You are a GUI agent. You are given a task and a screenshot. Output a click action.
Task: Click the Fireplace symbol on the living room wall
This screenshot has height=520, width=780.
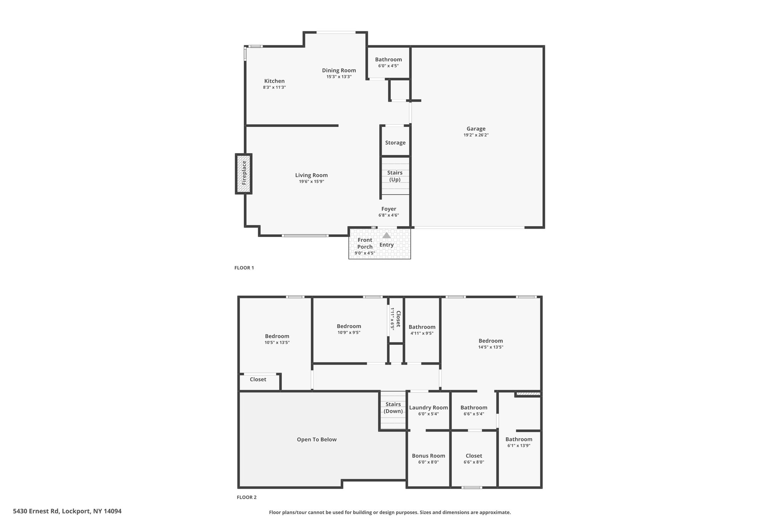click(244, 174)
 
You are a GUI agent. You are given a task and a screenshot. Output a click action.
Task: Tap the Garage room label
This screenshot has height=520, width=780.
click(476, 129)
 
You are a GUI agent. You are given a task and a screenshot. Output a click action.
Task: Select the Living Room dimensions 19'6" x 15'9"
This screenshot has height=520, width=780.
click(312, 182)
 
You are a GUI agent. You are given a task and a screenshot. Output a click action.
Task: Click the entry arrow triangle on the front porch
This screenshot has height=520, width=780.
click(387, 235)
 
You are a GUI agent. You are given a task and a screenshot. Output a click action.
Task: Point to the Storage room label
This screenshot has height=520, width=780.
click(395, 142)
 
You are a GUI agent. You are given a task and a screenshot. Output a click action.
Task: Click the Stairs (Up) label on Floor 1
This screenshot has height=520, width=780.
click(395, 176)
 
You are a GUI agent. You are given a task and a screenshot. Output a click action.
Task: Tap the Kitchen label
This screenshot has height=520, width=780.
click(275, 81)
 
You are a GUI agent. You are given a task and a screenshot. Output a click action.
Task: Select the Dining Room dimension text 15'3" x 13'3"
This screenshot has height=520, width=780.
click(339, 77)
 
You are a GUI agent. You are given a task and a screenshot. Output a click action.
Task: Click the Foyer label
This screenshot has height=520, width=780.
click(389, 209)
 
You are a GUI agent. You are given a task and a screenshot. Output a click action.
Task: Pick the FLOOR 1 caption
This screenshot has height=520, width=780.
click(244, 268)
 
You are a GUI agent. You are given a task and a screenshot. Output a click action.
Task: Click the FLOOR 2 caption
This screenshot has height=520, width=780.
click(247, 497)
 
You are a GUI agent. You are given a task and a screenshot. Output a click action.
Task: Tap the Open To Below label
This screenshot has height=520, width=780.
click(317, 439)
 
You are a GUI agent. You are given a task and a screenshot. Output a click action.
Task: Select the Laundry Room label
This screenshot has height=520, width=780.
click(428, 408)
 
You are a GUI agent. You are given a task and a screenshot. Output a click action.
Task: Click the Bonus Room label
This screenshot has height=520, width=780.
click(428, 456)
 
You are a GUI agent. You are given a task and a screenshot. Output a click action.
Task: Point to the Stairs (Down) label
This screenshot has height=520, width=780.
click(393, 408)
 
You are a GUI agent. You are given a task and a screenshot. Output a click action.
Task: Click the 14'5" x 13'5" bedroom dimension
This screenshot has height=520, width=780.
click(491, 347)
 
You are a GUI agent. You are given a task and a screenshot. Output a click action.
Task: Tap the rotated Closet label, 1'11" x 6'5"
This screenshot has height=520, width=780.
click(395, 319)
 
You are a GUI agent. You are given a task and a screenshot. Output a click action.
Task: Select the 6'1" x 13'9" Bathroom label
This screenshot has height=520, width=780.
click(519, 442)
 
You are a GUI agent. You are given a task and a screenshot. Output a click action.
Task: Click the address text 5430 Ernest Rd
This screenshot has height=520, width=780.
click(36, 511)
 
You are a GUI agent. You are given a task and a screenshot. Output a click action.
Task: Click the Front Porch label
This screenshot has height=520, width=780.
click(365, 243)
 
